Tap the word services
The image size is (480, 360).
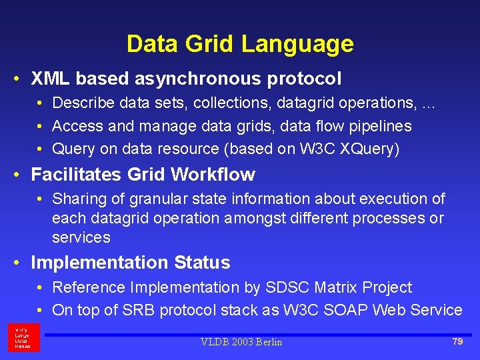[81, 237]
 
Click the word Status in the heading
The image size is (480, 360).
[203, 263]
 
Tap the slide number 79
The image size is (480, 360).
[457, 341]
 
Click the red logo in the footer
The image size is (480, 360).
[24, 338]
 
